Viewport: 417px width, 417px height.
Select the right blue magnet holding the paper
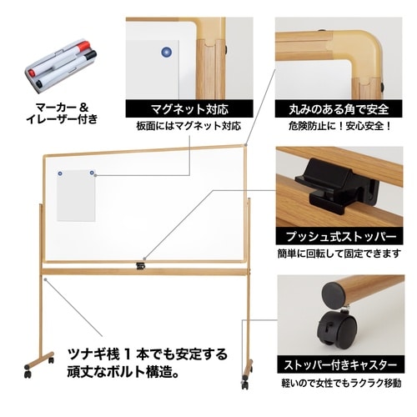coord(93,174)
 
